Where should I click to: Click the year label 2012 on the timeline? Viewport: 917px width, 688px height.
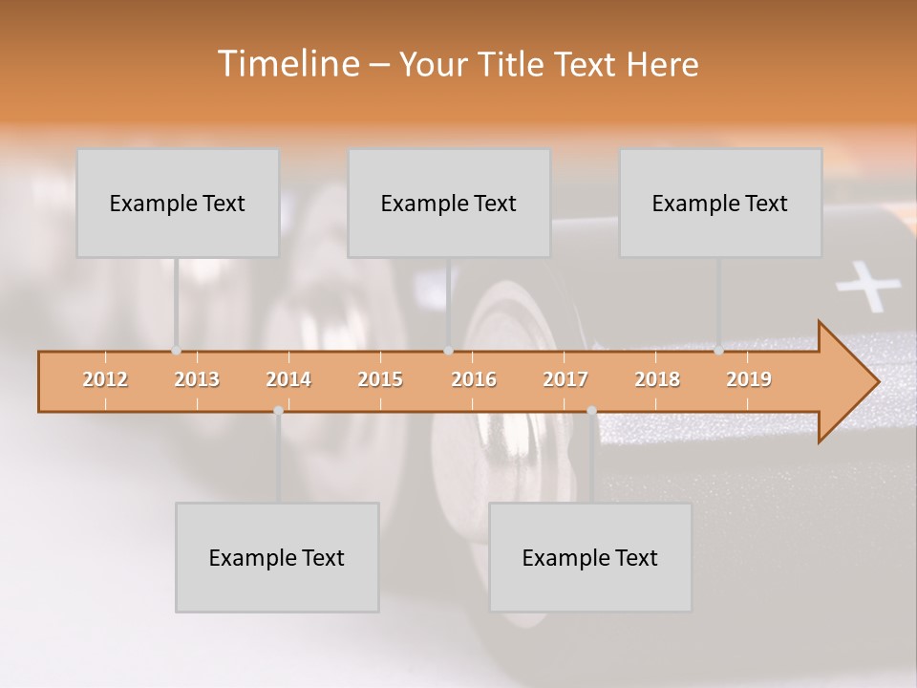point(105,379)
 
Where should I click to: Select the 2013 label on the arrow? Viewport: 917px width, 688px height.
point(197,379)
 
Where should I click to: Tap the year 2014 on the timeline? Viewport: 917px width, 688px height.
point(288,379)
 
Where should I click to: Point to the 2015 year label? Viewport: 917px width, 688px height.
point(380,379)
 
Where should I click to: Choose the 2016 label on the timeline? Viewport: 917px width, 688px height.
point(474,379)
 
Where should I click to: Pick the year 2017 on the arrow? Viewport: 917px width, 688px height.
point(565,379)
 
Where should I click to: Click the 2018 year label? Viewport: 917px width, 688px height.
point(657,379)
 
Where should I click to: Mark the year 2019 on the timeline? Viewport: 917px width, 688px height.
point(749,379)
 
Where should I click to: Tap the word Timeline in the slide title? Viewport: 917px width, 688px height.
point(287,64)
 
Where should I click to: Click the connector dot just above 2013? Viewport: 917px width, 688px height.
point(176,350)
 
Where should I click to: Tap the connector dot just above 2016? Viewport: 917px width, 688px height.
point(448,350)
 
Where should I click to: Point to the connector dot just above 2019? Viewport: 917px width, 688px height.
point(718,350)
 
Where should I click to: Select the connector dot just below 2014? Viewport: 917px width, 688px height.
point(278,411)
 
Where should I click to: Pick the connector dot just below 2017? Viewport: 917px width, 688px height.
point(591,411)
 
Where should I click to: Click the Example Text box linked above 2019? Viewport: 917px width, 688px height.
point(720,203)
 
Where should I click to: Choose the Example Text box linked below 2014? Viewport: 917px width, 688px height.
point(277,557)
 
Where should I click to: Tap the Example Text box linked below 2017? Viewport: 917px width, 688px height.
point(590,557)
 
